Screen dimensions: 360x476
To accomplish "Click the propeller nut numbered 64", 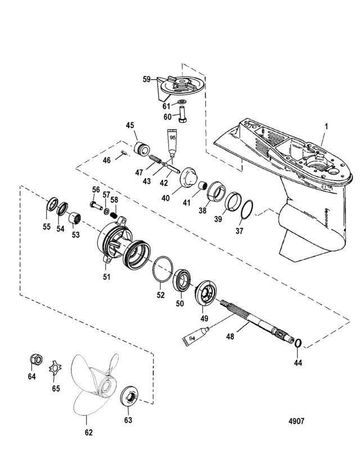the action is coord(36,360).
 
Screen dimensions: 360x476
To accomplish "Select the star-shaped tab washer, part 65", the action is coord(55,368).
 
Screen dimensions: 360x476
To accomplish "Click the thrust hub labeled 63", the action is coord(129,396).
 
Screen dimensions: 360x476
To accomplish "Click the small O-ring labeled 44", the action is coord(298,342).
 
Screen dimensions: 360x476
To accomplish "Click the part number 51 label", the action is coord(106,276).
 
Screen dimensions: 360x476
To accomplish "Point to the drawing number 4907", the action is coord(296,421).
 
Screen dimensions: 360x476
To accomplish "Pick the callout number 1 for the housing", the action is coord(326,126).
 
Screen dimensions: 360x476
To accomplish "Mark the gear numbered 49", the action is coord(205,293).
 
